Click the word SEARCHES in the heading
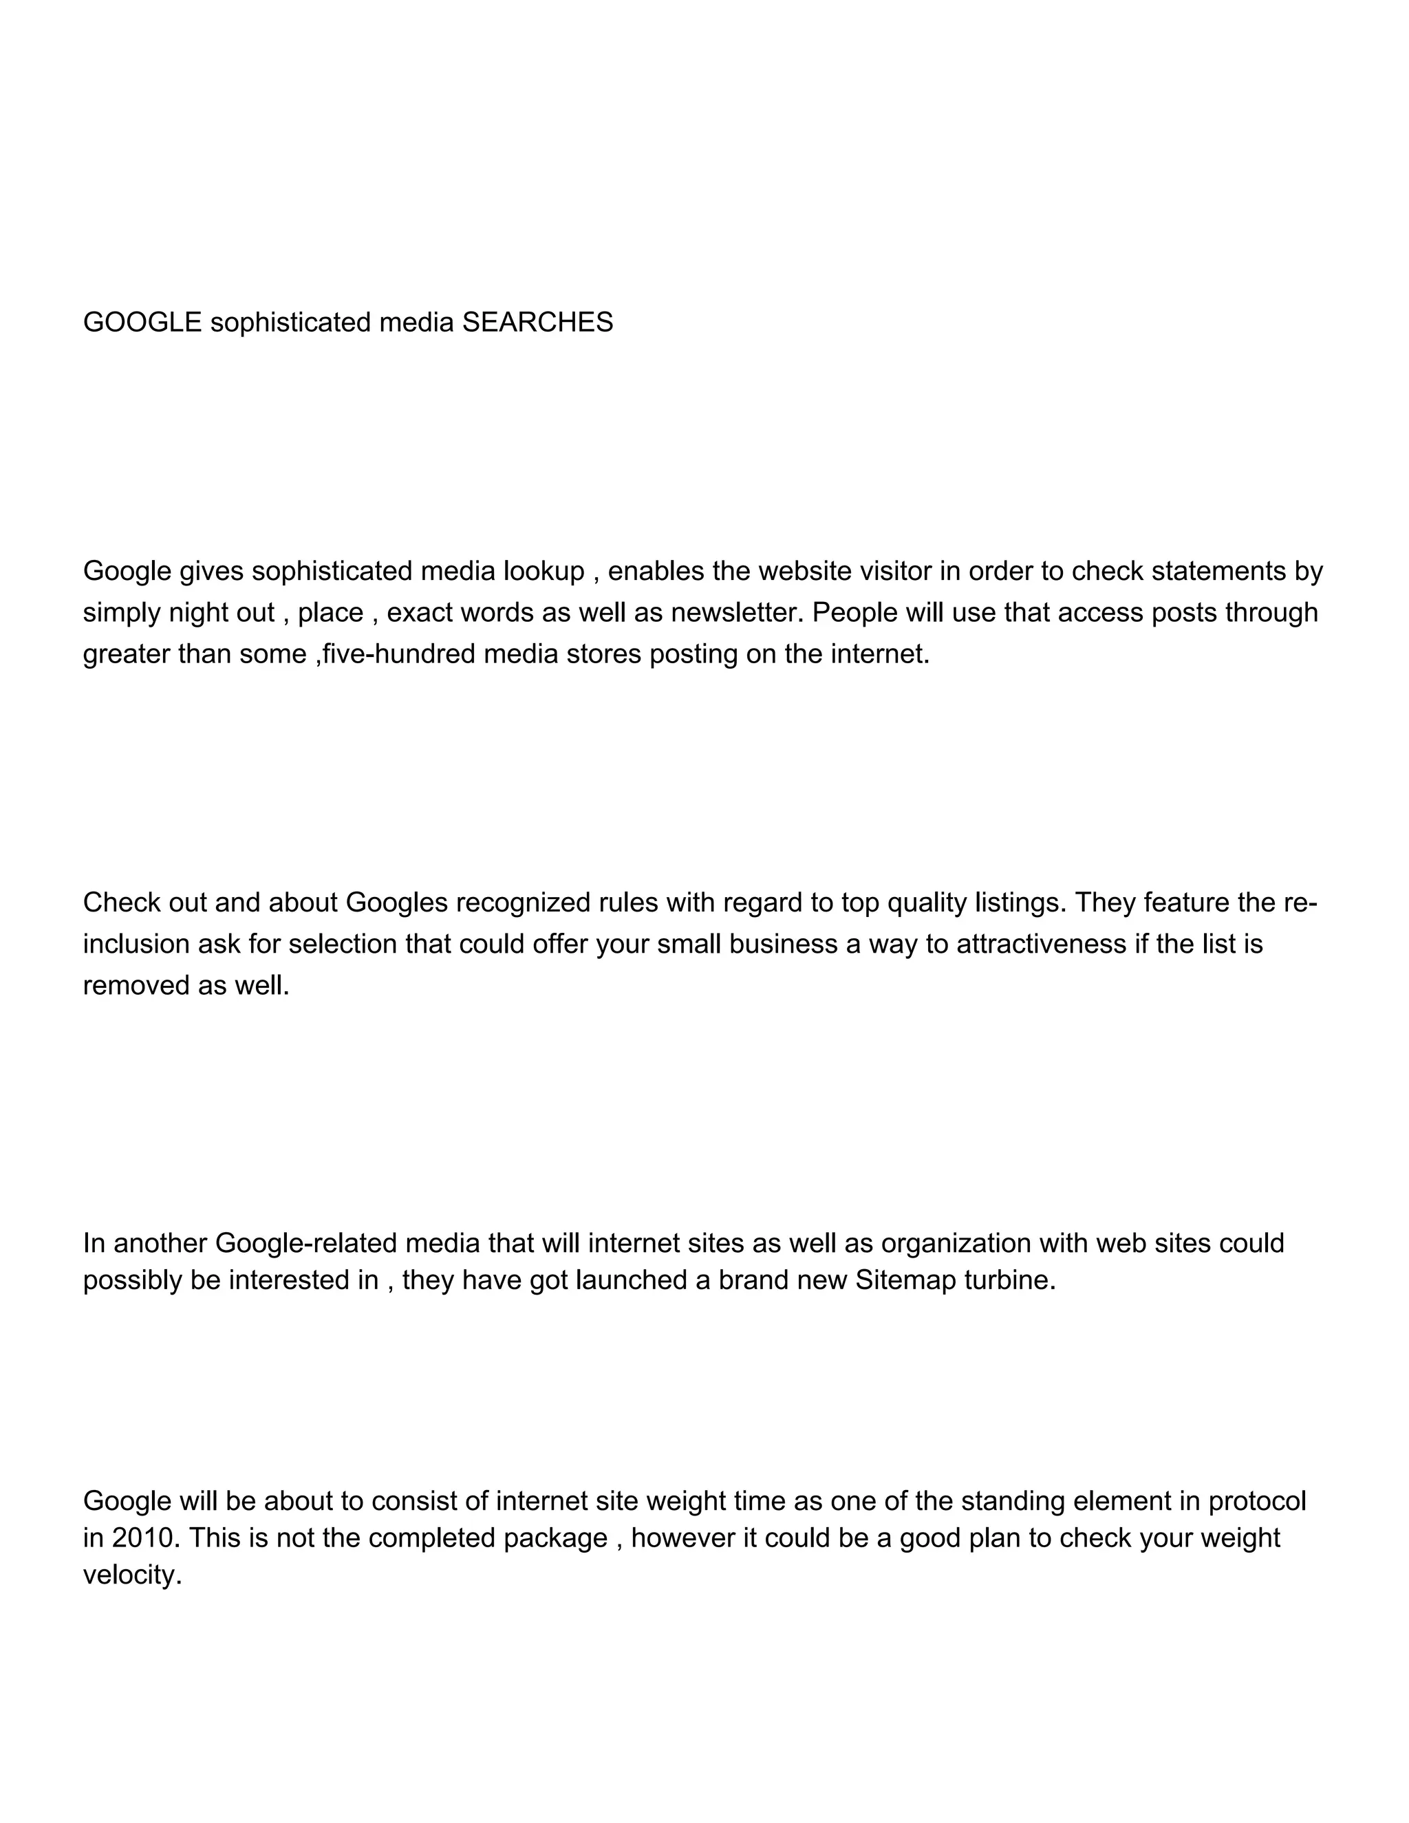coord(537,322)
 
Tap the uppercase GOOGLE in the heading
coord(142,322)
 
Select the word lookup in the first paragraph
coord(544,571)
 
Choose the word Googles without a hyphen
coord(396,903)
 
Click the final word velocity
coord(132,1575)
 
